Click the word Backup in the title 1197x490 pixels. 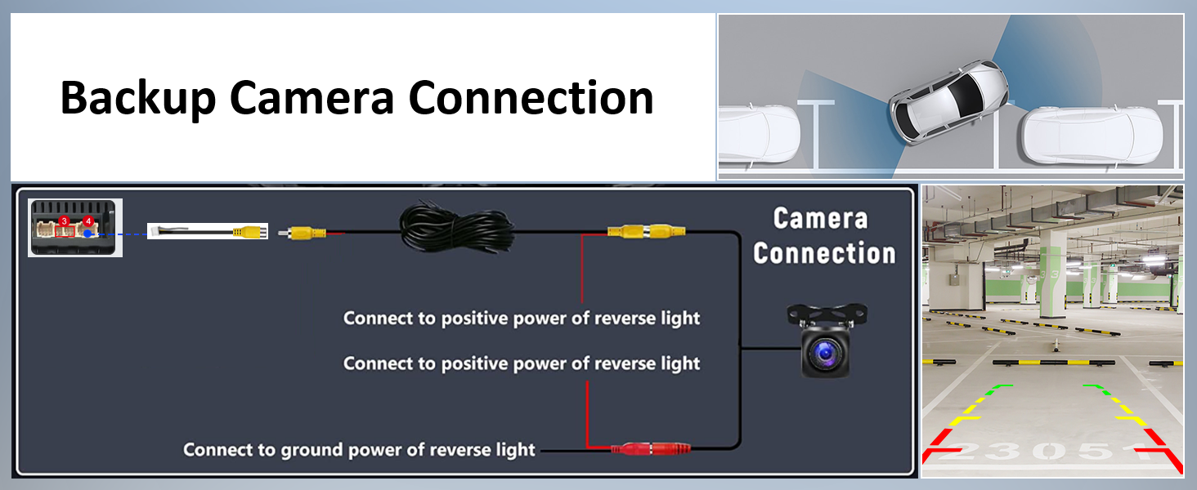(138, 98)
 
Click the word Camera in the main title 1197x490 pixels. (312, 98)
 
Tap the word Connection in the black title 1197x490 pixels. (531, 98)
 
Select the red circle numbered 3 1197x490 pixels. (64, 221)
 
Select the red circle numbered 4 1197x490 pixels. (88, 221)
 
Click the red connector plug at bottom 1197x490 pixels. (651, 449)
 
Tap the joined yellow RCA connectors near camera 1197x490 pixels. (646, 231)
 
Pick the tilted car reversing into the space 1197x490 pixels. (948, 101)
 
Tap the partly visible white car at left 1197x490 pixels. (759, 133)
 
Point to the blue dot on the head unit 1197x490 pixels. (87, 234)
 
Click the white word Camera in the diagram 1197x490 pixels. (820, 219)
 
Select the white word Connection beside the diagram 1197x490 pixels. (824, 253)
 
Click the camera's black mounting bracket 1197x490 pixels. (827, 315)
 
